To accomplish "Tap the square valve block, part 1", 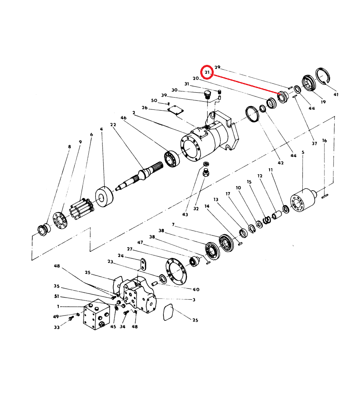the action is [96, 314].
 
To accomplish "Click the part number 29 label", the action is [217, 67].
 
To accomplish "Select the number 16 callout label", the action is [324, 140].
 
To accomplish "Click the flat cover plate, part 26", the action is [175, 110].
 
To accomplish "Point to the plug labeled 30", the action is [207, 95].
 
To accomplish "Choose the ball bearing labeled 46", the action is [172, 159].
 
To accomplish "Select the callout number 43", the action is [185, 214].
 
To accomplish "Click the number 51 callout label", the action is [57, 296].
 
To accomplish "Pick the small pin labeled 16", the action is [325, 197].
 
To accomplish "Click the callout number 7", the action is [173, 224].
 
